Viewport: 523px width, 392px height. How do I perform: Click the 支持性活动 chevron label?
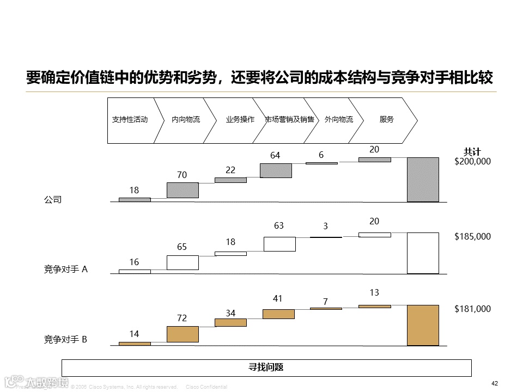coord(130,120)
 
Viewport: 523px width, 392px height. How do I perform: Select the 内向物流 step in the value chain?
coord(186,120)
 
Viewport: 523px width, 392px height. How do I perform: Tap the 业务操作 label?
coord(240,120)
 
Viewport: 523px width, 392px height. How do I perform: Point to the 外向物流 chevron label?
coord(338,120)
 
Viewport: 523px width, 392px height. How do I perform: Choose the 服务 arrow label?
coord(386,120)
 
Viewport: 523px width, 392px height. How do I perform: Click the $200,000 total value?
coord(472,162)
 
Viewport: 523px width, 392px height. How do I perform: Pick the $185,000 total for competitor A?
coord(472,237)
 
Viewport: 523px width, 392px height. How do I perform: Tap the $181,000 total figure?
coord(472,309)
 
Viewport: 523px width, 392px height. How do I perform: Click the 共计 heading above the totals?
coord(472,152)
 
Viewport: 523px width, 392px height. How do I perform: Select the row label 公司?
coord(53,200)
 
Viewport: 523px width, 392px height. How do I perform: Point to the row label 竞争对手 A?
coord(65,269)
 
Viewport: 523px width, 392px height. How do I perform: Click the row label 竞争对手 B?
coord(65,340)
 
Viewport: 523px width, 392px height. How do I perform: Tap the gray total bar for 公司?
coord(423,180)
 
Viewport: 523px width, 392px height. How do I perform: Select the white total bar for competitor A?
coord(423,253)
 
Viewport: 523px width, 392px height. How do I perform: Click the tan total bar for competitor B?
coord(423,325)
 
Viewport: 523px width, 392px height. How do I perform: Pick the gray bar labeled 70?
coord(183,190)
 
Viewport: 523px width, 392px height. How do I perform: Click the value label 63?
coord(279,226)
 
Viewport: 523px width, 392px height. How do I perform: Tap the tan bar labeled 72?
coord(183,334)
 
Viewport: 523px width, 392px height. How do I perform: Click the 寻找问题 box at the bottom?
coord(266,367)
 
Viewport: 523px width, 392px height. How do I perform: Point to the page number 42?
coord(495,384)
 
